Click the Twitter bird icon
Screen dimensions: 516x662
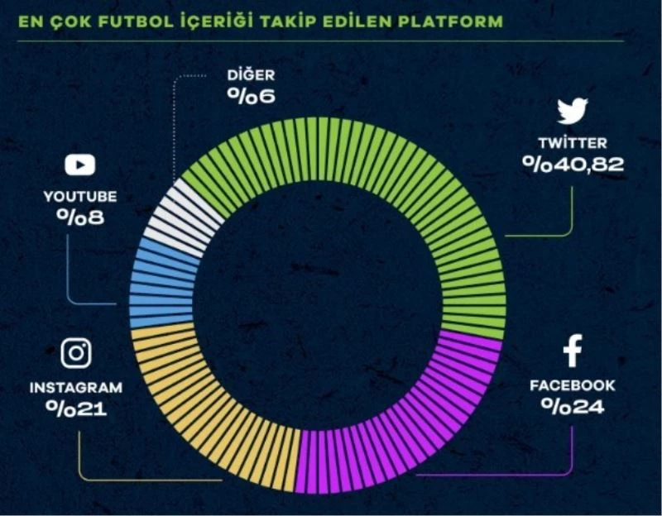pos(572,111)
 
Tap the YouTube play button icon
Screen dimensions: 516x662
pos(79,165)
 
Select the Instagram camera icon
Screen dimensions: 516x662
pos(76,353)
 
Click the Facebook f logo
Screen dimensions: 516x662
pos(573,351)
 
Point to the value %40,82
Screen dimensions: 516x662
pos(573,164)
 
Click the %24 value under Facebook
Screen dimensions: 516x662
pos(573,407)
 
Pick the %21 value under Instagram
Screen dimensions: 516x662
pos(76,408)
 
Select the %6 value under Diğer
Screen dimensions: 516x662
pos(251,96)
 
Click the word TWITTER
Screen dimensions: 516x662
pos(573,142)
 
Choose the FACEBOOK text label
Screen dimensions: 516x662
pos(573,385)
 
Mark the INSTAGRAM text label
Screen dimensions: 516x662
pos(76,387)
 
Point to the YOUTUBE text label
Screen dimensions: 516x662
pos(79,197)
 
